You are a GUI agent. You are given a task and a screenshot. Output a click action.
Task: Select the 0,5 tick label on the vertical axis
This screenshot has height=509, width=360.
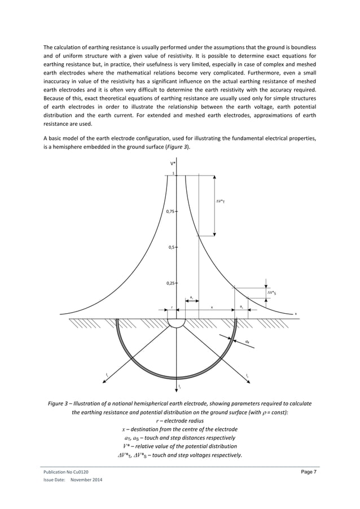(172, 247)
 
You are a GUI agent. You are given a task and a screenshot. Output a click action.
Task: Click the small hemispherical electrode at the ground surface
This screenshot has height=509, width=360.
(177, 322)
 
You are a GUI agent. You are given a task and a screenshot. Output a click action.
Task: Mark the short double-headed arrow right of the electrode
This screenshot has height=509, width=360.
(191, 300)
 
